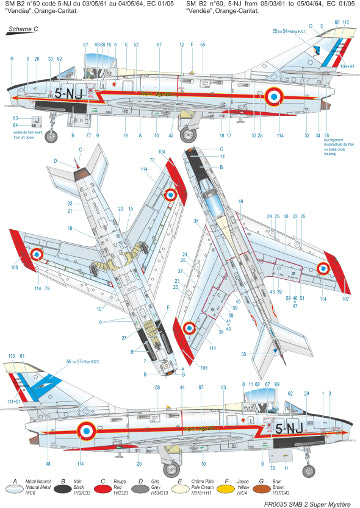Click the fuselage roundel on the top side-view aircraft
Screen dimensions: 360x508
coord(273,96)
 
